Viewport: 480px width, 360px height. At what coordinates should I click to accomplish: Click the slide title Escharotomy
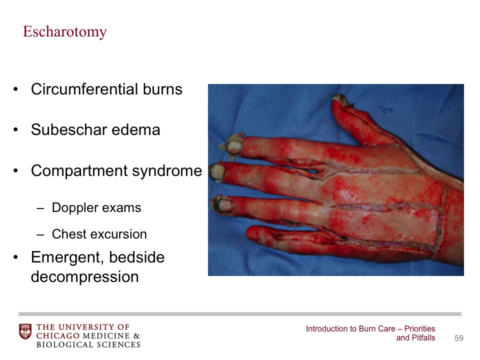(x=65, y=32)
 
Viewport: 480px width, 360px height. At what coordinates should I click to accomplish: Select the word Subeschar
(x=69, y=129)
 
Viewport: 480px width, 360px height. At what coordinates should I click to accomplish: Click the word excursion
(x=117, y=234)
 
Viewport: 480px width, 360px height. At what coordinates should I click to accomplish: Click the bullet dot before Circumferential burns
(x=16, y=89)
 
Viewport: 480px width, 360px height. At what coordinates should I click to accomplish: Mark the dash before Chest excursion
(x=40, y=235)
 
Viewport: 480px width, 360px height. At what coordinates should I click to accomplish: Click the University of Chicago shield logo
(x=25, y=331)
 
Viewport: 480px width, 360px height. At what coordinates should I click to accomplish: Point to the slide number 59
(x=459, y=338)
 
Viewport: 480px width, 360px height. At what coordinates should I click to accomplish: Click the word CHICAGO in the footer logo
(x=58, y=336)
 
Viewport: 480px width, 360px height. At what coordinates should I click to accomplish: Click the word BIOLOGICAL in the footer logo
(x=65, y=344)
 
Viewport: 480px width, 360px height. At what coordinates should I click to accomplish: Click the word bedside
(x=137, y=257)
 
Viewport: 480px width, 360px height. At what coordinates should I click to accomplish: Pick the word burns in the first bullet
(x=162, y=89)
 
